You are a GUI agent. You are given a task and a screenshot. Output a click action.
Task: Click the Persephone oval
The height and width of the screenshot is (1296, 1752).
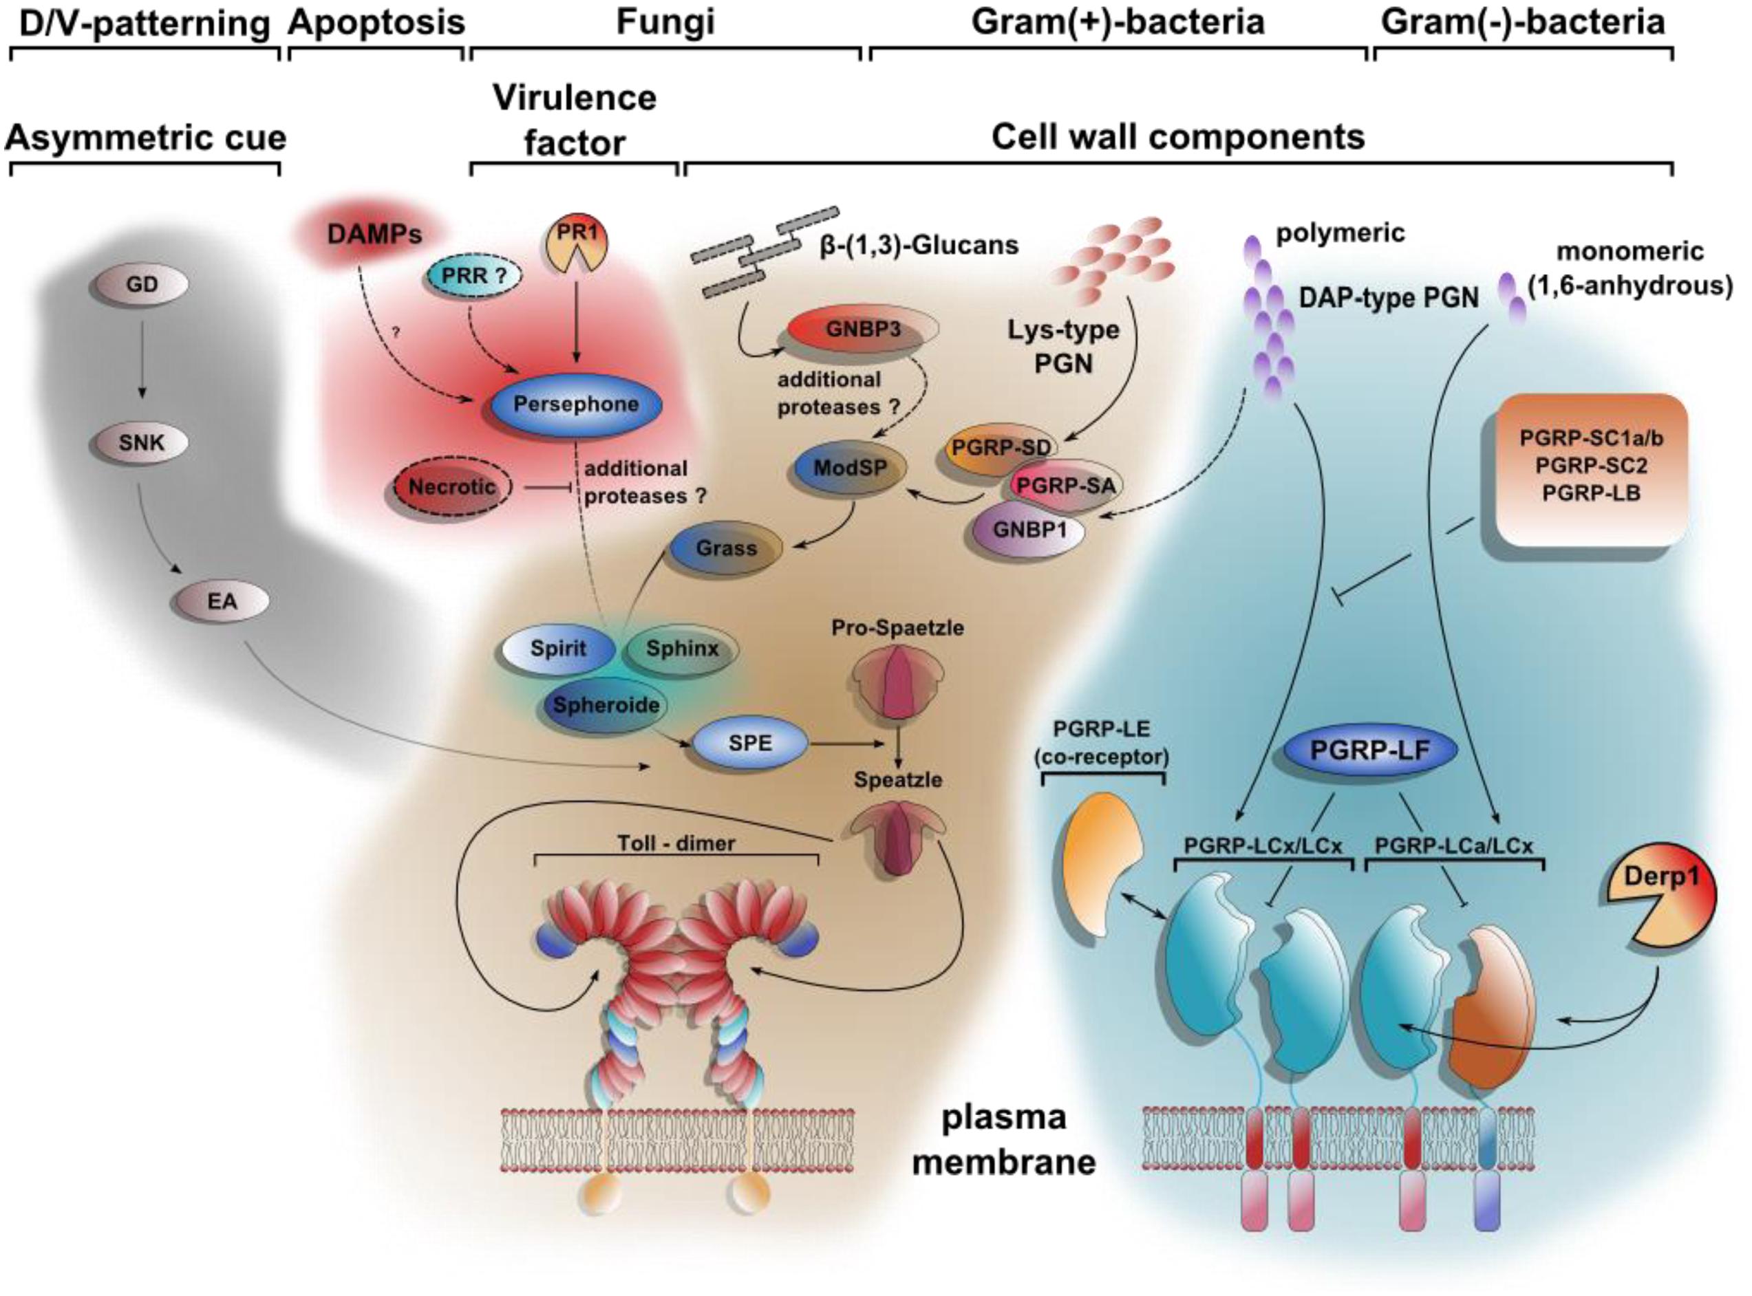(576, 404)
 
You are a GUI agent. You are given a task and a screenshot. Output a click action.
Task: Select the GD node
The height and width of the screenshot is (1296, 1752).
(141, 285)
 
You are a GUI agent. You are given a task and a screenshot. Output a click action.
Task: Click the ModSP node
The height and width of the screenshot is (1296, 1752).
(849, 469)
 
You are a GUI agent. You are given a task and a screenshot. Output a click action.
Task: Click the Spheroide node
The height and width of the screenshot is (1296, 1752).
(606, 704)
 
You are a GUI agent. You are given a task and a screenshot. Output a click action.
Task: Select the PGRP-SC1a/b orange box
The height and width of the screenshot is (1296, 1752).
(1591, 468)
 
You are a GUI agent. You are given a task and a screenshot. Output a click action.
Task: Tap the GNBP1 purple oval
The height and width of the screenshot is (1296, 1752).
(1029, 530)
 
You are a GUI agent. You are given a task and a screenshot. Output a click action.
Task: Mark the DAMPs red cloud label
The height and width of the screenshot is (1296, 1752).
(375, 234)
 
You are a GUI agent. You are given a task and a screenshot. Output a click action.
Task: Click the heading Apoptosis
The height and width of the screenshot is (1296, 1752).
(376, 23)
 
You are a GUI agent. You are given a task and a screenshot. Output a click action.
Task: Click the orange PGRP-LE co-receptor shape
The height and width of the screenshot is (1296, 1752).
(1098, 863)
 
